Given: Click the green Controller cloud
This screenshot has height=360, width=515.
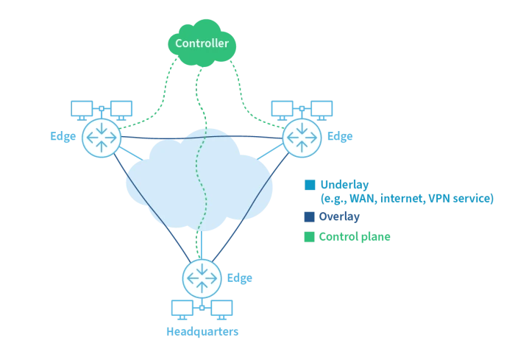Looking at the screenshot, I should [201, 43].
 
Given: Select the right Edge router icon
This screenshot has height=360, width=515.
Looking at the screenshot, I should [302, 136].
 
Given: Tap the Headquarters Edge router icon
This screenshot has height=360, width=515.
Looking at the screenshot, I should [202, 278].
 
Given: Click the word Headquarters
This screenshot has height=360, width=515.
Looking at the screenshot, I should [202, 331].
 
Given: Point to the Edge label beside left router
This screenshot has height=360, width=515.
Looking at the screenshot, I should [63, 136].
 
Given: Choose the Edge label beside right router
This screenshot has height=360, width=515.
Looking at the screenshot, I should [339, 136].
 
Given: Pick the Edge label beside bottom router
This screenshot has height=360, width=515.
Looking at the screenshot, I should [239, 278].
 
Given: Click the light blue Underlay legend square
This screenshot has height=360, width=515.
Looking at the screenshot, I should [310, 185].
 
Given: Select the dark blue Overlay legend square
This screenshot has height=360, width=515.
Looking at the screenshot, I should [310, 217].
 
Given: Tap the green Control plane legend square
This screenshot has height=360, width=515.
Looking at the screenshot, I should [310, 237].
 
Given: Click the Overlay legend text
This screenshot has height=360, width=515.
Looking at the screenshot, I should [339, 217].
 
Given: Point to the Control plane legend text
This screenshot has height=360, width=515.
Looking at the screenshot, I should [355, 237].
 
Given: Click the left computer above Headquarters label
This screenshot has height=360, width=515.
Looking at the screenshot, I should [182, 308].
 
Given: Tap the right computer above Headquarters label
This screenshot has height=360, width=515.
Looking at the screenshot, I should [221, 308].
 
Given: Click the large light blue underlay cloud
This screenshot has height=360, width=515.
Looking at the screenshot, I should [199, 184].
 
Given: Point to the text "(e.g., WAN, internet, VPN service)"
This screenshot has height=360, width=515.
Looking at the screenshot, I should [406, 199].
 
